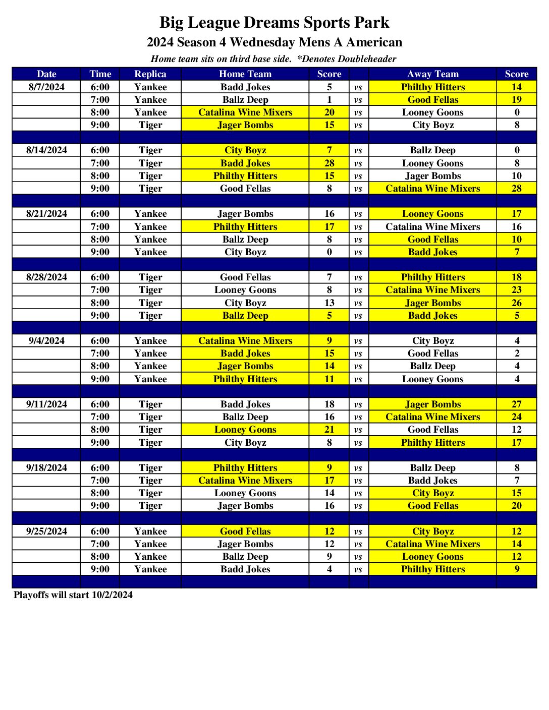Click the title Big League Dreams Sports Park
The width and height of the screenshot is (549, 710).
pyautogui.click(x=274, y=23)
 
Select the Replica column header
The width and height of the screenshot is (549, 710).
pyautogui.click(x=150, y=74)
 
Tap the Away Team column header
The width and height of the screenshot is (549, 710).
pyautogui.click(x=432, y=74)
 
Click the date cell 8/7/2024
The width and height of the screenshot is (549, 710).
pyautogui.click(x=46, y=87)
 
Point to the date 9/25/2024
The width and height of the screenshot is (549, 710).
pyautogui.click(x=46, y=531)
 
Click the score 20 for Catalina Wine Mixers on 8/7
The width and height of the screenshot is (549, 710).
pyautogui.click(x=329, y=112)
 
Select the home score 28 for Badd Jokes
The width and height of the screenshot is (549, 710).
pyautogui.click(x=329, y=163)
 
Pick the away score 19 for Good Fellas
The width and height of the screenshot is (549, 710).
pyautogui.click(x=516, y=99)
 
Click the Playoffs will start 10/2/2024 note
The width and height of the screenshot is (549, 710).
pyautogui.click(x=73, y=595)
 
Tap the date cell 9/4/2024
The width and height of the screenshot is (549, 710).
pyautogui.click(x=46, y=340)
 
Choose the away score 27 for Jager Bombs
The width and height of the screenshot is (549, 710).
pyautogui.click(x=516, y=404)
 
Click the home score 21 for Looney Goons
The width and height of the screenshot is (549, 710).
pyautogui.click(x=329, y=429)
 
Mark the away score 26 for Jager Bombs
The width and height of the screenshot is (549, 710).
pyautogui.click(x=516, y=303)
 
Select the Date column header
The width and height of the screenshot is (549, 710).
pyautogui.click(x=46, y=74)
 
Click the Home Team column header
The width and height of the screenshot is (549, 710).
pyautogui.click(x=245, y=74)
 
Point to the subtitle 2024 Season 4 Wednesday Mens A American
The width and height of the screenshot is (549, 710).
pyautogui.click(x=274, y=42)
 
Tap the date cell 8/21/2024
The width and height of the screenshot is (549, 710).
pyautogui.click(x=46, y=213)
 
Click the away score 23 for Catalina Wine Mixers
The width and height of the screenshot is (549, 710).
pyautogui.click(x=516, y=289)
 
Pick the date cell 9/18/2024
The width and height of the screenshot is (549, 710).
pyautogui.click(x=46, y=467)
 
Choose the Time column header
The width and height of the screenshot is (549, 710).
pyautogui.click(x=100, y=74)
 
